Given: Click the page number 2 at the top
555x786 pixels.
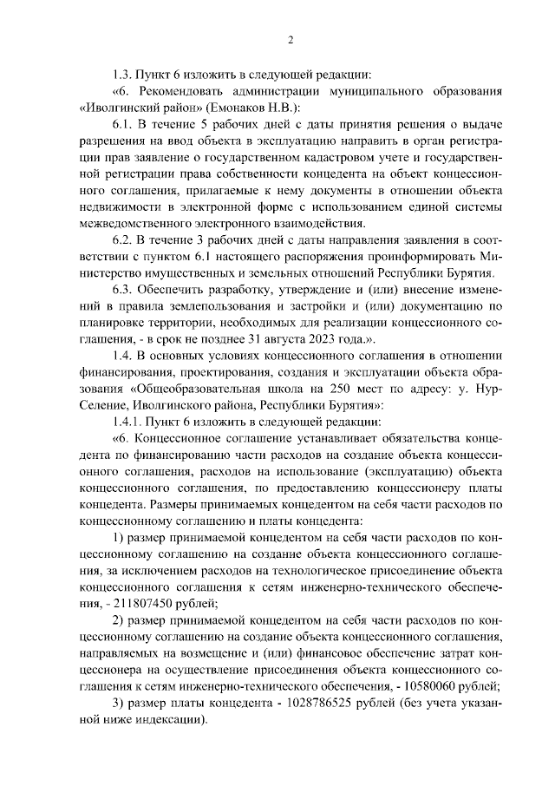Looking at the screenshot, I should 291,39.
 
